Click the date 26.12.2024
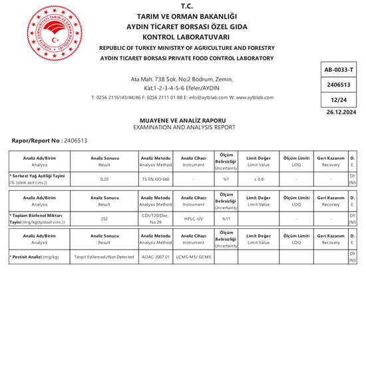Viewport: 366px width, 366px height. pyautogui.click(x=341, y=112)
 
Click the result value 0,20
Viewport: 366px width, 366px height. pyautogui.click(x=104, y=179)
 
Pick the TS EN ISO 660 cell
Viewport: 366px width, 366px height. pyautogui.click(x=156, y=179)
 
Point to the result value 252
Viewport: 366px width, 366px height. pyautogui.click(x=104, y=218)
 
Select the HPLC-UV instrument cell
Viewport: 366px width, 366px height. pyautogui.click(x=193, y=218)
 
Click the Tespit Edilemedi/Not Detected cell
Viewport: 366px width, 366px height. pyautogui.click(x=104, y=257)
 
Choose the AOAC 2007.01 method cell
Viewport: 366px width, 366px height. pyautogui.click(x=156, y=257)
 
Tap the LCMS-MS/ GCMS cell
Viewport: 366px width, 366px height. pyautogui.click(x=193, y=257)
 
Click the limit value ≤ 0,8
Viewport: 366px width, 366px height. pyautogui.click(x=258, y=179)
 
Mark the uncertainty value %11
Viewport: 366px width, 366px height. pyautogui.click(x=226, y=218)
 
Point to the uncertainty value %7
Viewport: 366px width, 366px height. pyautogui.click(x=226, y=179)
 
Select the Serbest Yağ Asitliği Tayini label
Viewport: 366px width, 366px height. pyautogui.click(x=37, y=176)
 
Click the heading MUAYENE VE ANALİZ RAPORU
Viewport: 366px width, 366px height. pyautogui.click(x=184, y=120)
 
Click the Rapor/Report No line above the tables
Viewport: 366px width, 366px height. pyautogui.click(x=50, y=141)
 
